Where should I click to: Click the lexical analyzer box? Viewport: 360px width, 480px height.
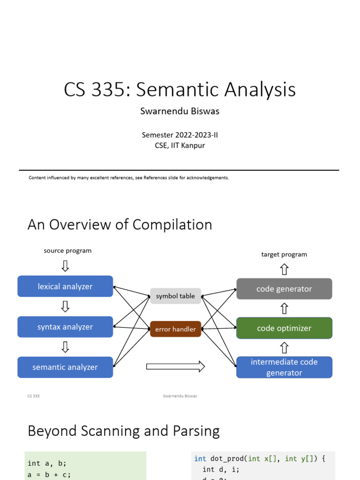coord(65,286)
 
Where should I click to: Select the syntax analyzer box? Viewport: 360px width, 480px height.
coord(65,327)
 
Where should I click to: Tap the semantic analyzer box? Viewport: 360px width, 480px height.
coord(65,367)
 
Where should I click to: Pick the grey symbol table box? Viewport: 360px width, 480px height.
coord(175,296)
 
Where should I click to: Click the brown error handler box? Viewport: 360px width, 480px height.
coord(175,329)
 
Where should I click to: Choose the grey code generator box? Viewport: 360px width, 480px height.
coord(284,289)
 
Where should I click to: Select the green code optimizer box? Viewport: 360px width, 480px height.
coord(284,328)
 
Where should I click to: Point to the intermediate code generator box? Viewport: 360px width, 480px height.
coord(284,367)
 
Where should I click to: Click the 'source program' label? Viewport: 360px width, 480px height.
coord(67,251)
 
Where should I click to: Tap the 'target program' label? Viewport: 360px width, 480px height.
coord(284,255)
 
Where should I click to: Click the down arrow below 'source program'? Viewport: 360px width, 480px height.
coord(65,266)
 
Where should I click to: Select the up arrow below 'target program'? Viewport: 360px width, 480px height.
coord(284,270)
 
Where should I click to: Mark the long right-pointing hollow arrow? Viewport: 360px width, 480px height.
coord(175,367)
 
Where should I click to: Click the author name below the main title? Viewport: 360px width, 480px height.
coord(180,112)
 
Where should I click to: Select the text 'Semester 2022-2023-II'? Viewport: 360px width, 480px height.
coord(180,135)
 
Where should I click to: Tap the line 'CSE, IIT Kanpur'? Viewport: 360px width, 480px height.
coord(180,145)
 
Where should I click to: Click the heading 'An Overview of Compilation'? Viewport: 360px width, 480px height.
coord(120,225)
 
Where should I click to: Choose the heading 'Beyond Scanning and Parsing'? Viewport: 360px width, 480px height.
coord(123,431)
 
